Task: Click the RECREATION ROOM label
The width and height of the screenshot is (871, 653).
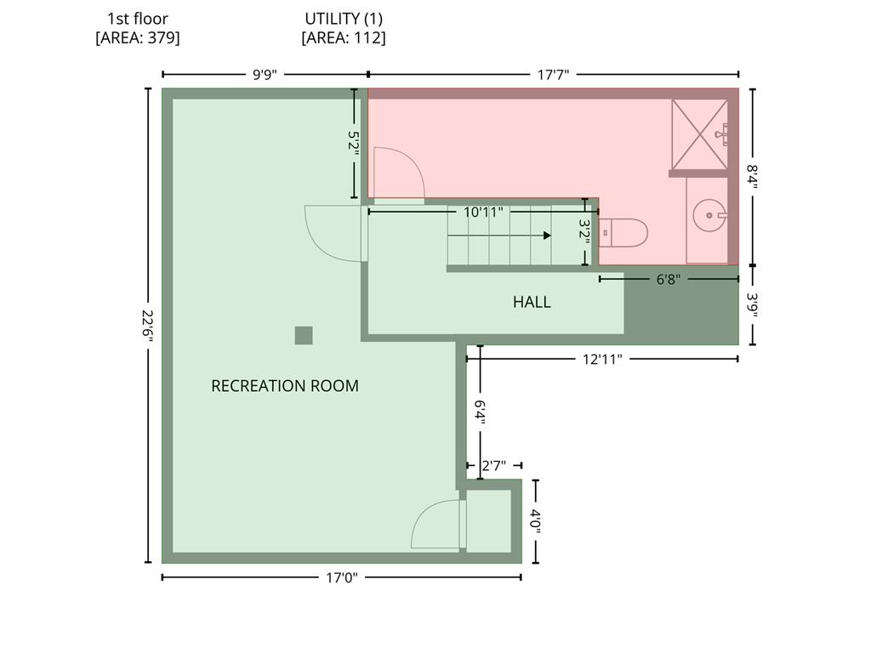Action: click(x=285, y=386)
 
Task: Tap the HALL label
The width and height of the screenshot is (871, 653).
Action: click(x=532, y=302)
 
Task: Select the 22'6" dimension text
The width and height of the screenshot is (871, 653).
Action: click(x=147, y=326)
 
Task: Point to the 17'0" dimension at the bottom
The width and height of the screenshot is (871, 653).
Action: click(x=342, y=578)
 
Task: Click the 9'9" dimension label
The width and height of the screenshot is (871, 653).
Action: click(x=265, y=75)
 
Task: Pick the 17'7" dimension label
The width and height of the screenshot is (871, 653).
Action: click(x=553, y=75)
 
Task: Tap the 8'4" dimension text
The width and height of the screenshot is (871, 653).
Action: click(x=753, y=177)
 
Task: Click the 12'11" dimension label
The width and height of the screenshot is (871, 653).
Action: click(x=602, y=360)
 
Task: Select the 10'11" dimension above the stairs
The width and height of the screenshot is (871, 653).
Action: click(x=483, y=212)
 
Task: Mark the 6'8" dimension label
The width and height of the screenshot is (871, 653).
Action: click(x=669, y=279)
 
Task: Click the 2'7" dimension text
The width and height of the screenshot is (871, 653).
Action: click(x=494, y=465)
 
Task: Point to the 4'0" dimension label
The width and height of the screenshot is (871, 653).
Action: click(x=536, y=521)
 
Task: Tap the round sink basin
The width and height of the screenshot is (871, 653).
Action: click(x=709, y=215)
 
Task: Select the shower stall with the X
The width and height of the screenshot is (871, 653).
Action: click(x=699, y=134)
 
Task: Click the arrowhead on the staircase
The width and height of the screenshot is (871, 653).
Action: click(x=547, y=236)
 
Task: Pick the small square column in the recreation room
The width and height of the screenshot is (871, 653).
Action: click(x=304, y=335)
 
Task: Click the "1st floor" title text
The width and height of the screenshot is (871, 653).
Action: click(x=138, y=19)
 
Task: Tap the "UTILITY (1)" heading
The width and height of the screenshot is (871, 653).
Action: click(x=344, y=19)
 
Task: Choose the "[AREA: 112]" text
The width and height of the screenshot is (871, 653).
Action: click(x=344, y=37)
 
